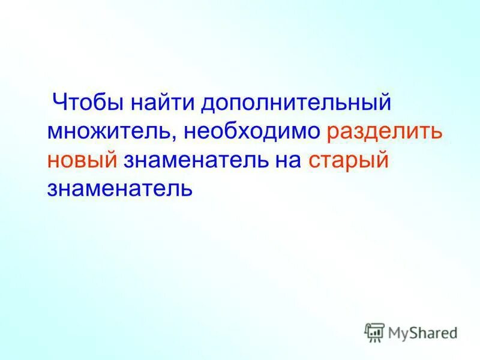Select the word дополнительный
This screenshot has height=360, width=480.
296,103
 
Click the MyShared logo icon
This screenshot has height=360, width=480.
375,332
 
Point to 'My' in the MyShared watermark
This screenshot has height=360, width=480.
398,332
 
